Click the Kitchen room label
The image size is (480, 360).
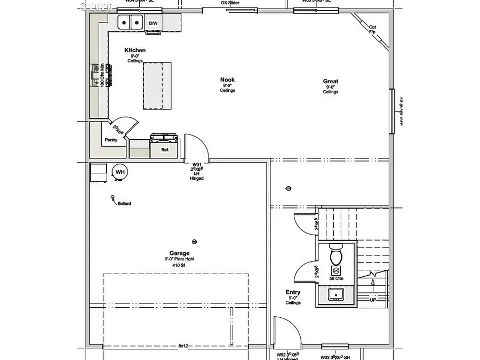click(135, 51)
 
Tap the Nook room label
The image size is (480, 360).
click(227, 80)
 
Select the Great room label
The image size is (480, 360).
click(330, 82)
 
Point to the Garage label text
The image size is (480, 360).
click(179, 253)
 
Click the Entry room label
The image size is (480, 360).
click(293, 292)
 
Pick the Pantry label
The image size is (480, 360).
click(111, 140)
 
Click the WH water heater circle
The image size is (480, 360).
click(120, 172)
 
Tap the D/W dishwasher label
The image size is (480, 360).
click(154, 23)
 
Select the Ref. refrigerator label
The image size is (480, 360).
click(165, 150)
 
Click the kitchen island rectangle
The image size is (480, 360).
click(157, 85)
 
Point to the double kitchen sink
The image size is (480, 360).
click(131, 22)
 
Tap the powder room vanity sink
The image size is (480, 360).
click(336, 294)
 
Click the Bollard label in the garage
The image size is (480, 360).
click(124, 204)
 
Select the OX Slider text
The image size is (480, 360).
click(230, 3)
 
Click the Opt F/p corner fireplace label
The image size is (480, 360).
click(372, 29)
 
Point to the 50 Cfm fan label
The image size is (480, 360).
click(336, 279)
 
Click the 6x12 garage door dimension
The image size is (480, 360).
click(183, 346)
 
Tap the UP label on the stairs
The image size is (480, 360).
click(373, 300)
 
